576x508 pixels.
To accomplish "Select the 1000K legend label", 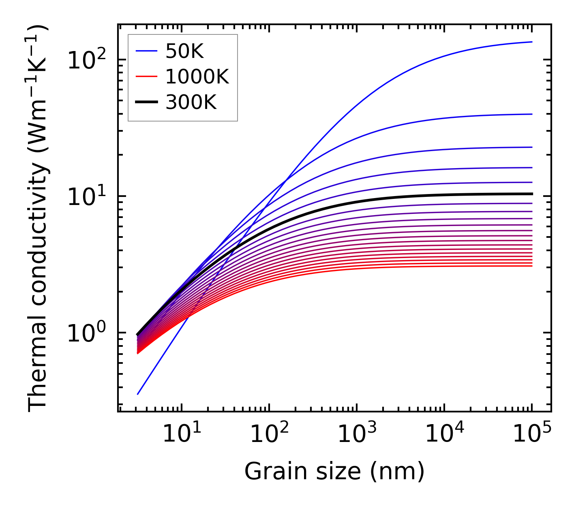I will tap(197, 77).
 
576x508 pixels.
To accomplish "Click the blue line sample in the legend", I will tap(146, 51).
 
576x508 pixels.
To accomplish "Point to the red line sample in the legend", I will tap(146, 77).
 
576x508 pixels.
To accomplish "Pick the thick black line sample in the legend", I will tap(146, 102).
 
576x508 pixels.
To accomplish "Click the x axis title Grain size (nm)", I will tap(334, 472).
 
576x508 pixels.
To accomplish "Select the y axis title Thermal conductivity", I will tap(39, 219).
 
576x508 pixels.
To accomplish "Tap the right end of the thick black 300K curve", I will tap(531, 194).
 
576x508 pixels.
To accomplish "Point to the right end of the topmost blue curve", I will tap(531, 42).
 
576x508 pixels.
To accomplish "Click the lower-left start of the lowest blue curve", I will tap(138, 394).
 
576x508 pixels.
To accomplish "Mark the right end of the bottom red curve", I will tap(531, 266).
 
